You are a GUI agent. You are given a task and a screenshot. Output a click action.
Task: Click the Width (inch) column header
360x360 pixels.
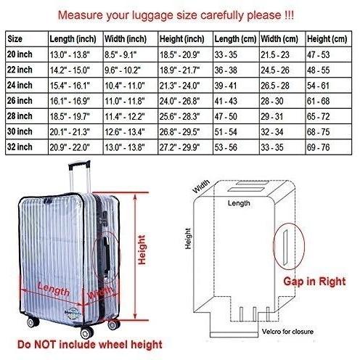(x=126, y=39)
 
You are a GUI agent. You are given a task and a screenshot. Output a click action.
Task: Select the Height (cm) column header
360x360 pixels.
(x=327, y=39)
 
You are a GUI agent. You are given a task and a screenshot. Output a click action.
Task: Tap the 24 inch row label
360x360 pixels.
(x=20, y=85)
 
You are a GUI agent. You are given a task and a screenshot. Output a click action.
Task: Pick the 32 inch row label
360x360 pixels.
(x=20, y=147)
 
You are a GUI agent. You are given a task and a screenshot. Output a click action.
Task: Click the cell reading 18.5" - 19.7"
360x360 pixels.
(x=70, y=117)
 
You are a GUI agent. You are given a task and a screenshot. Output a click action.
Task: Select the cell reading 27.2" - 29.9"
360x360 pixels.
(x=179, y=147)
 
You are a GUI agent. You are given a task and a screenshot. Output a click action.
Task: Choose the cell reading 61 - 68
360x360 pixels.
(x=318, y=101)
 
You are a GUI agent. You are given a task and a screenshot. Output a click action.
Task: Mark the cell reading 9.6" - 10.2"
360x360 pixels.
(x=123, y=70)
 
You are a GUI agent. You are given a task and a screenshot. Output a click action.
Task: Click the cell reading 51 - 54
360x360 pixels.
(x=226, y=132)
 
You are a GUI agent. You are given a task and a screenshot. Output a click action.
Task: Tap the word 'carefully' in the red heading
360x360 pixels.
(x=222, y=15)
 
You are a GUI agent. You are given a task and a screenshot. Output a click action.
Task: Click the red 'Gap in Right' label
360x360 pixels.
(x=314, y=282)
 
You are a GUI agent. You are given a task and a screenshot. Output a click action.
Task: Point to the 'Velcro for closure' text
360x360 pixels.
(x=287, y=332)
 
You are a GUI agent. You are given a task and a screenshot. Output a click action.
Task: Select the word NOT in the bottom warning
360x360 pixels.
(x=46, y=345)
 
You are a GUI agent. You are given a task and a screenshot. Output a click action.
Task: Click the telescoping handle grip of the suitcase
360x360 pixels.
(x=79, y=165)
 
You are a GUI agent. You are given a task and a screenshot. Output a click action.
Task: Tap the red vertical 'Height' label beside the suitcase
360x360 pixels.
(x=142, y=250)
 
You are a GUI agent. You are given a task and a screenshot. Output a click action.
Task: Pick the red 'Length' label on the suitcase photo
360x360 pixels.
(x=54, y=289)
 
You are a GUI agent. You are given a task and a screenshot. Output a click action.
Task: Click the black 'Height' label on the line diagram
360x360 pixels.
(x=188, y=239)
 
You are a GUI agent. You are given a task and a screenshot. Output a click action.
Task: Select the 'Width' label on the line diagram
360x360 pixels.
(x=201, y=187)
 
